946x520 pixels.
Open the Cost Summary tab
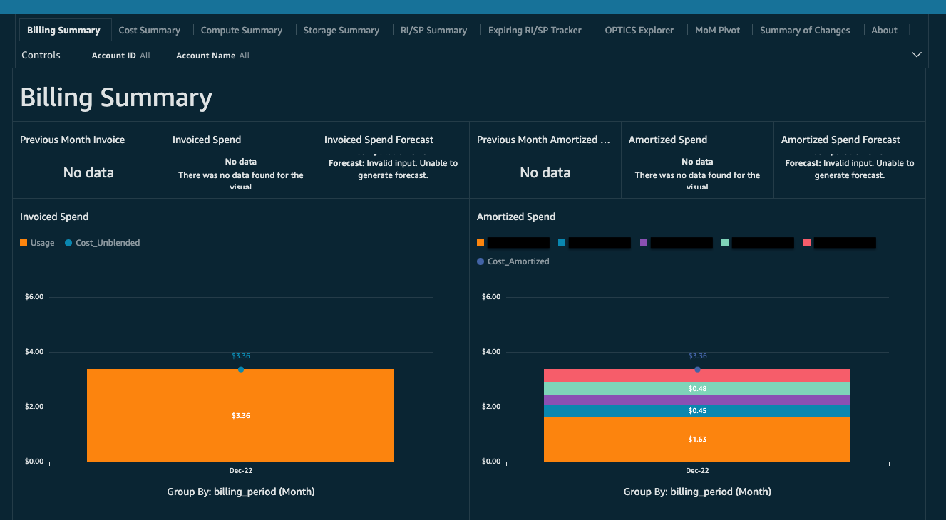pos(149,31)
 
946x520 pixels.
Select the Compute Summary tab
pos(241,31)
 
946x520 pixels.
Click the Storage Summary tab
pos(341,31)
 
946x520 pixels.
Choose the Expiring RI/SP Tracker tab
pos(534,31)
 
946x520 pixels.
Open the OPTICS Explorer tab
pos(639,31)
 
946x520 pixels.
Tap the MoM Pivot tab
pos(717,31)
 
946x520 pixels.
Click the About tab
pos(884,31)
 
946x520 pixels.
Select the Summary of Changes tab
pos(804,31)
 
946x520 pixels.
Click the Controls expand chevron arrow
pos(917,55)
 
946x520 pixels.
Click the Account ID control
pos(120,56)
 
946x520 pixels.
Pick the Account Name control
pos(212,56)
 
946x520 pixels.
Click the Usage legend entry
pos(37,243)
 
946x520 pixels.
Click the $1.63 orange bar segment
pos(696,440)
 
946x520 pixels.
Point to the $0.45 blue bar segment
pos(696,410)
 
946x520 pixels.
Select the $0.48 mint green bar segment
pos(696,388)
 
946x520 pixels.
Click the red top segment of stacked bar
pos(696,375)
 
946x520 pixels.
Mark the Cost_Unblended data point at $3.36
pos(241,369)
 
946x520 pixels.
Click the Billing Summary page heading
pos(116,98)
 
